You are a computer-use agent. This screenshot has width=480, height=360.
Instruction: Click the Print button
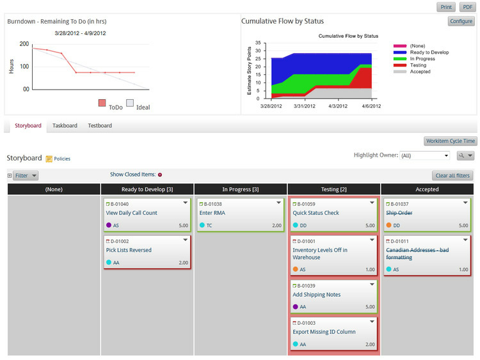[446, 7]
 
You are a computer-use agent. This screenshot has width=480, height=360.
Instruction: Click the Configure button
[461, 21]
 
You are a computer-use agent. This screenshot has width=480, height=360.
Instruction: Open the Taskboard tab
[65, 125]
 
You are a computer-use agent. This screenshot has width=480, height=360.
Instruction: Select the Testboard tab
[100, 125]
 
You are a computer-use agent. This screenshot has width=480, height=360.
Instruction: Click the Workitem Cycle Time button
[450, 141]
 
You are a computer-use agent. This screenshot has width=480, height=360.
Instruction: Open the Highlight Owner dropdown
[425, 155]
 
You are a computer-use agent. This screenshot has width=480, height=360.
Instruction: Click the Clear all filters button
[452, 175]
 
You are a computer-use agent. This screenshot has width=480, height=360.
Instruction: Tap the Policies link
[62, 159]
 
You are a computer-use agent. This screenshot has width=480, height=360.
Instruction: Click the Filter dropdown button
[26, 175]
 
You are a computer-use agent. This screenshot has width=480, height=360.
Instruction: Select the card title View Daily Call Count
[132, 213]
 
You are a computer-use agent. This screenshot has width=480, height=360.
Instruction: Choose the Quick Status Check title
[316, 213]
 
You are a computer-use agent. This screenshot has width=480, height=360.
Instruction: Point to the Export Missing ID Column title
[324, 332]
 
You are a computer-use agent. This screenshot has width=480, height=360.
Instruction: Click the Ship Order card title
[399, 213]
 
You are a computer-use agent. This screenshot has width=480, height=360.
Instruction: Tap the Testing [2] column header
[334, 189]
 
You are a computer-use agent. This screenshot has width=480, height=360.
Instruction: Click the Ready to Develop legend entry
[429, 52]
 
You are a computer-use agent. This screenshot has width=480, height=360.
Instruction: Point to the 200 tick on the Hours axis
[24, 44]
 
